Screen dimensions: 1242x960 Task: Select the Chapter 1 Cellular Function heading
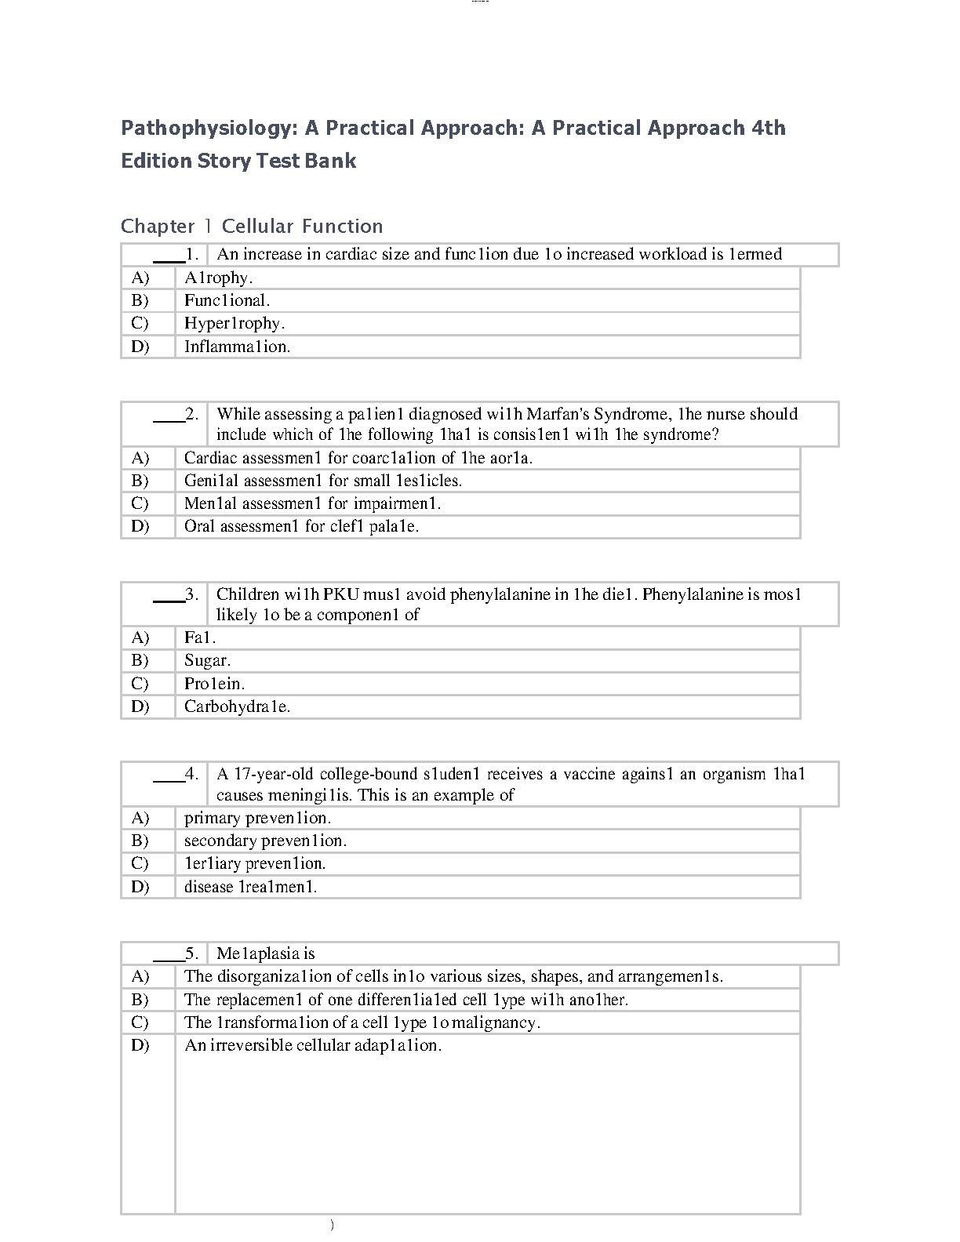pos(252,227)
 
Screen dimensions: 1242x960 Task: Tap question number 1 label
pos(191,254)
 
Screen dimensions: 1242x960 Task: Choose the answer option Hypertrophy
pos(234,323)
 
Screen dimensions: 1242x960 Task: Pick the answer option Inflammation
pos(237,347)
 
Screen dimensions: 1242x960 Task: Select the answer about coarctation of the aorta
pos(358,458)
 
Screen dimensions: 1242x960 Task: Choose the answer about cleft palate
pos(301,526)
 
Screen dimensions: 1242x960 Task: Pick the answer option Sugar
pos(207,660)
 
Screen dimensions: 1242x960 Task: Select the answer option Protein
pos(214,684)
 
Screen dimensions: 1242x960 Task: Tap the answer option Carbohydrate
pos(237,706)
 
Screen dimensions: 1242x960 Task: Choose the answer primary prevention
pos(257,818)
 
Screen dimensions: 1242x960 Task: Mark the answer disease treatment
pos(250,887)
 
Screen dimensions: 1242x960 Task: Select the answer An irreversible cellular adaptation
pos(312,1045)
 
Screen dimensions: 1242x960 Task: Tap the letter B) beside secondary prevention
pos(140,841)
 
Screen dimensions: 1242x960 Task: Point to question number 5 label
pos(191,953)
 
